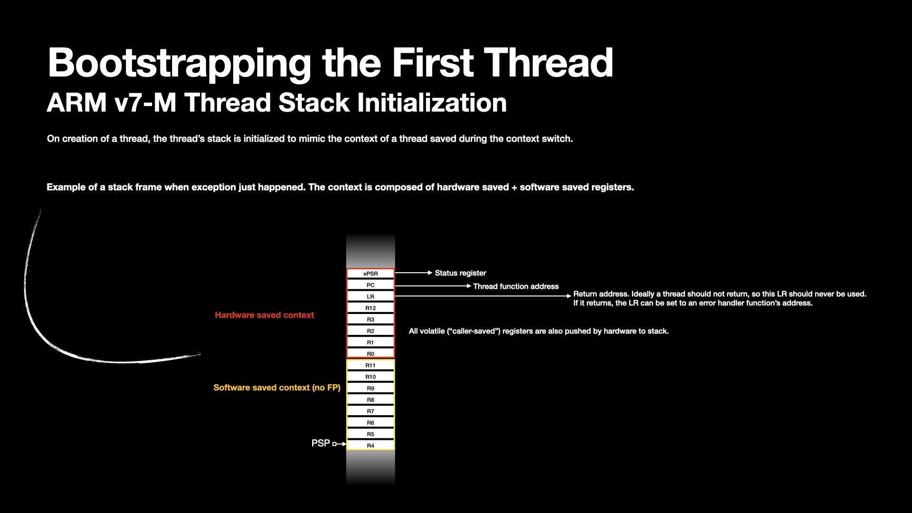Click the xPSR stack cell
point(370,274)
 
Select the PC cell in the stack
point(370,285)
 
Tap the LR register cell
point(370,296)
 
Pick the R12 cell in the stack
point(370,308)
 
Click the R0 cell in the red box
point(370,354)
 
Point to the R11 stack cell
point(370,365)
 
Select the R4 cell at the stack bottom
point(370,446)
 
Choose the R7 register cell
point(370,411)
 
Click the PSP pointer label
point(321,443)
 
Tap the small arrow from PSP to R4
point(339,444)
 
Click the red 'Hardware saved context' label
point(264,315)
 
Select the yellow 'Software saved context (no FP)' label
point(277,388)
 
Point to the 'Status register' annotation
point(460,273)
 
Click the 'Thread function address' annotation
point(516,286)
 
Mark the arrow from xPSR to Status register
point(414,273)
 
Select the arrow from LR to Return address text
point(483,296)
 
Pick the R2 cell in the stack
point(370,331)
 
